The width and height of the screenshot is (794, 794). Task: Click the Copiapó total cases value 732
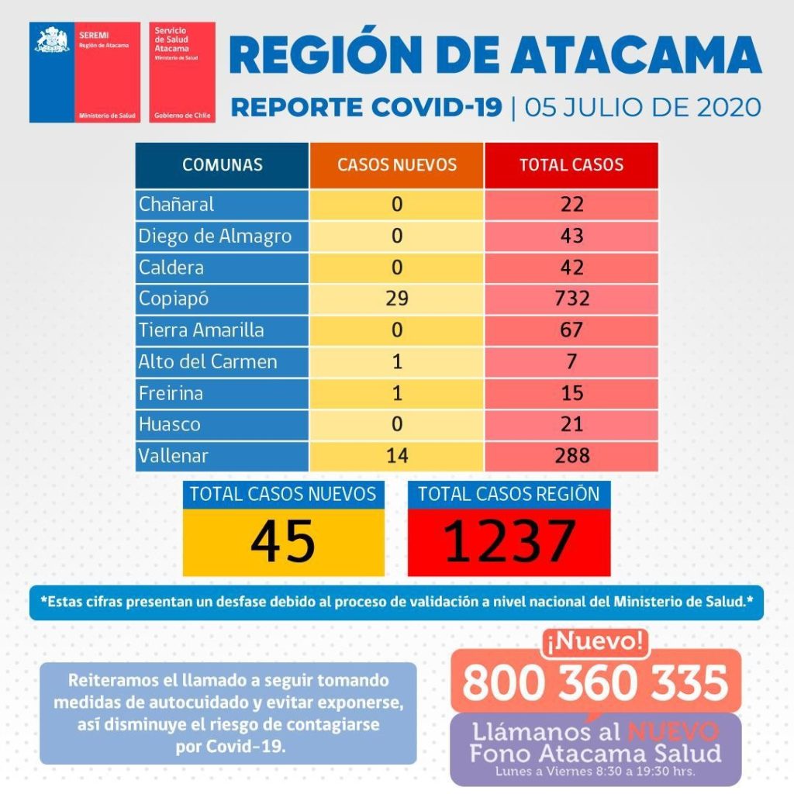pos(571,299)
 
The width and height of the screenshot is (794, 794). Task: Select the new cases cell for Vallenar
pos(397,456)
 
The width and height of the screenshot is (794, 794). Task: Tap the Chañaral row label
pos(177,205)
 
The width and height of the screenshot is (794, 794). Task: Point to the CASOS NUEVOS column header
pos(397,165)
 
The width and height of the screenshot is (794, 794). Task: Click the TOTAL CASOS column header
pos(571,165)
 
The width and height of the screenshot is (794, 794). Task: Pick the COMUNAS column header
pos(223,165)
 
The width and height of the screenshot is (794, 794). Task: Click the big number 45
pos(283,540)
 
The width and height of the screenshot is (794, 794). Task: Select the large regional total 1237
pos(509,540)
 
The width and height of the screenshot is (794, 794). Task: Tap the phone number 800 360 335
pos(595,682)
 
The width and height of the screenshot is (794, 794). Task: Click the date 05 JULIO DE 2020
pos(643,107)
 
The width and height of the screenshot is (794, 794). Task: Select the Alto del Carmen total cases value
pos(571,361)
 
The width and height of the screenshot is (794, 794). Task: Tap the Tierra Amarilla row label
pos(202,330)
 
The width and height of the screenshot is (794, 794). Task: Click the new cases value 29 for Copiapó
pos(397,299)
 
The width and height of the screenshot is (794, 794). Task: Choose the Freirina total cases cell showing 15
pos(571,393)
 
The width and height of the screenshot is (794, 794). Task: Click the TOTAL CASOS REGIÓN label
pos(509,495)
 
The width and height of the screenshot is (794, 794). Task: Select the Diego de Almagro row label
pos(216,236)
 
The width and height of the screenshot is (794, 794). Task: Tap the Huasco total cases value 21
pos(571,424)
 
